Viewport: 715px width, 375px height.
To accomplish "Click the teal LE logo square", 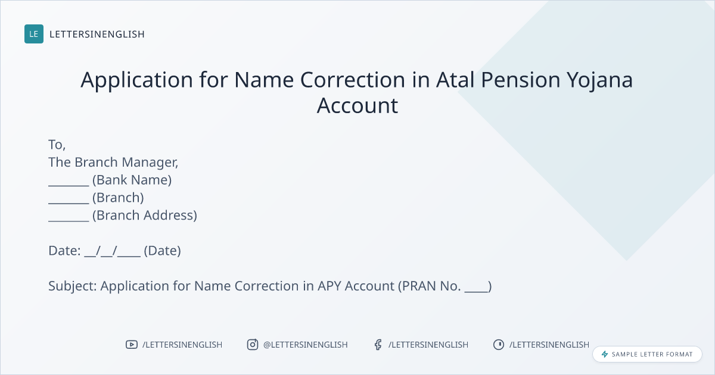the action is [x=34, y=34].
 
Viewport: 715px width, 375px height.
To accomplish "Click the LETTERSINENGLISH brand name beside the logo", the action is [x=97, y=34].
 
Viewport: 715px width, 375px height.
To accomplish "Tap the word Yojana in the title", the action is [x=599, y=80].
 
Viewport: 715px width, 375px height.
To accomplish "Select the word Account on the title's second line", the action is [x=357, y=105].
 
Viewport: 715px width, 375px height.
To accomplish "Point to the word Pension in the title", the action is [x=521, y=79].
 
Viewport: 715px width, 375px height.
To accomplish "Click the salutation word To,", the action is [x=57, y=145].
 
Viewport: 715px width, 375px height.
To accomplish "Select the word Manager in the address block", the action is [x=150, y=162].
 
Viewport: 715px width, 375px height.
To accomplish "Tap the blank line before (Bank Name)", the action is [x=69, y=185].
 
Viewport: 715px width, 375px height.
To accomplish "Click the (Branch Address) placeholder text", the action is [x=145, y=215].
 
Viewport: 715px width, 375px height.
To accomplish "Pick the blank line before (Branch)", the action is [x=69, y=203].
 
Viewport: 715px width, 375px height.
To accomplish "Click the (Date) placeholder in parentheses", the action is [x=163, y=251].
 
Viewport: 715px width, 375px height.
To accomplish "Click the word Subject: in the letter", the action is [x=73, y=286].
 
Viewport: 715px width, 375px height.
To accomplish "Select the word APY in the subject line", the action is [x=329, y=286].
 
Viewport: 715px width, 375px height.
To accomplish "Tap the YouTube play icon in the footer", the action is [x=132, y=345].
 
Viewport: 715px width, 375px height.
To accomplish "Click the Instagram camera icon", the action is [x=253, y=345].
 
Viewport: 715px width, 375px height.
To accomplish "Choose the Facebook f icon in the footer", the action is [x=378, y=345].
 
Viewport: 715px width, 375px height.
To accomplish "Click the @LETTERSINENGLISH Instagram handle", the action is [x=306, y=345].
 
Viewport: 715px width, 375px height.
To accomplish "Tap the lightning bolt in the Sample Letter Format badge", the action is [x=605, y=354].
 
